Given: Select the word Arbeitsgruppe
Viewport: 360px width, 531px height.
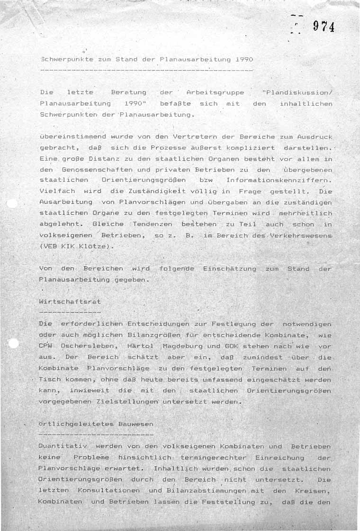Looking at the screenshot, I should pos(216,92).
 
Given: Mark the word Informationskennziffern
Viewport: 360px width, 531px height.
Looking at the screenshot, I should pos(279,180).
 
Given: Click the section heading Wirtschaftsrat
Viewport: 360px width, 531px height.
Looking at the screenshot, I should pos(70,302).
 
